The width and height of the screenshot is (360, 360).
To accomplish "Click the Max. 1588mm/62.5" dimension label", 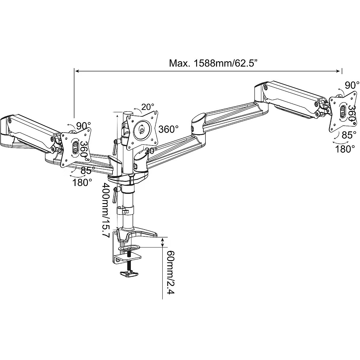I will click(214, 63).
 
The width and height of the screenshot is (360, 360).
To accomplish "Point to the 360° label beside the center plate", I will click(168, 129).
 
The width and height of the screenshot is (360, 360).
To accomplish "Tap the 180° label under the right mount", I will click(343, 149).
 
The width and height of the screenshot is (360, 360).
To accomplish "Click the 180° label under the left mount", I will click(82, 182).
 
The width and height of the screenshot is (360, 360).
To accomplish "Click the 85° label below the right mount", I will click(349, 135).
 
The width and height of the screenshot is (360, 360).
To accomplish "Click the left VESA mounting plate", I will click(76, 147).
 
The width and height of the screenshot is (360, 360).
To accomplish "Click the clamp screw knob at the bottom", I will click(129, 273).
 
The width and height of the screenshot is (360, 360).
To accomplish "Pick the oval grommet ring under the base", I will click(129, 247).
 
